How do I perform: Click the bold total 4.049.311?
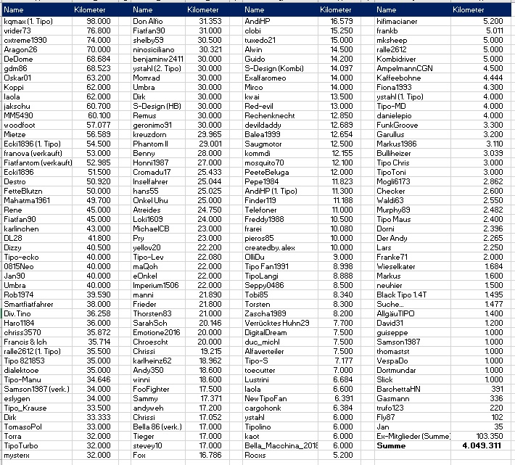point(482,445)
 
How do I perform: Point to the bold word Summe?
point(392,445)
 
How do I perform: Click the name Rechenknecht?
point(271,115)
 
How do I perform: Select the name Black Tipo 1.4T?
point(404,295)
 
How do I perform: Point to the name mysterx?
point(17,455)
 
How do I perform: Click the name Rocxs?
point(255,455)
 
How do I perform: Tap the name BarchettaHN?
point(400,389)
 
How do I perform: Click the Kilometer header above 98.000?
point(91,10)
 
